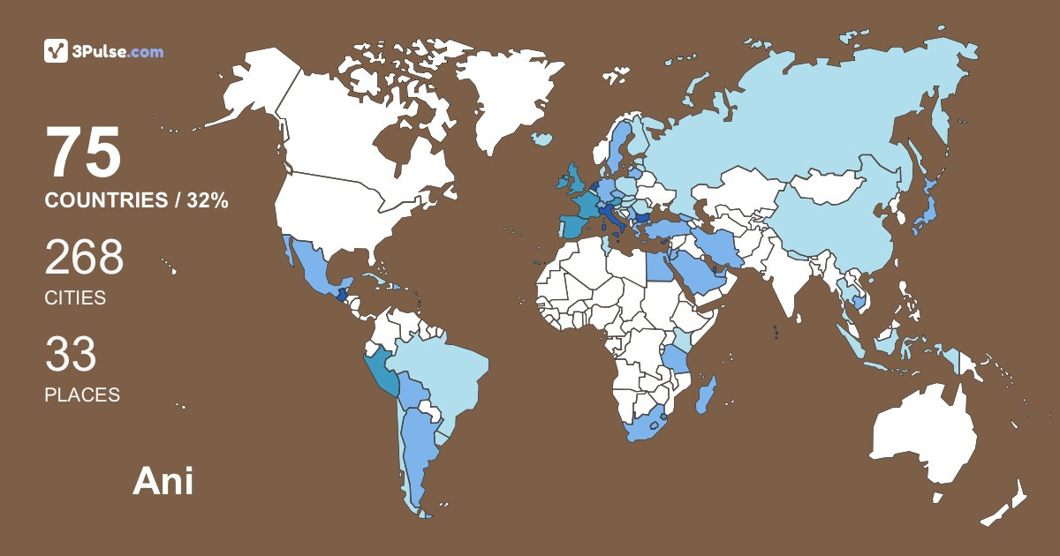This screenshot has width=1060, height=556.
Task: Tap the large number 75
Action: tap(83, 153)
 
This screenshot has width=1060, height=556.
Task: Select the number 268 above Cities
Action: tap(84, 258)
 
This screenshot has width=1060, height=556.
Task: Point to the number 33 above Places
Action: tap(71, 355)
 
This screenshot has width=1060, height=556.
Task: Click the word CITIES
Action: tap(75, 298)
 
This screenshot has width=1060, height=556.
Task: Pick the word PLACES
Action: tap(82, 394)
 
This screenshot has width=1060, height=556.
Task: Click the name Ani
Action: tap(163, 482)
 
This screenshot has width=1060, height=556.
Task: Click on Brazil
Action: tap(446, 371)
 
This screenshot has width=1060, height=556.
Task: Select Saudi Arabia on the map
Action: tap(698, 274)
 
